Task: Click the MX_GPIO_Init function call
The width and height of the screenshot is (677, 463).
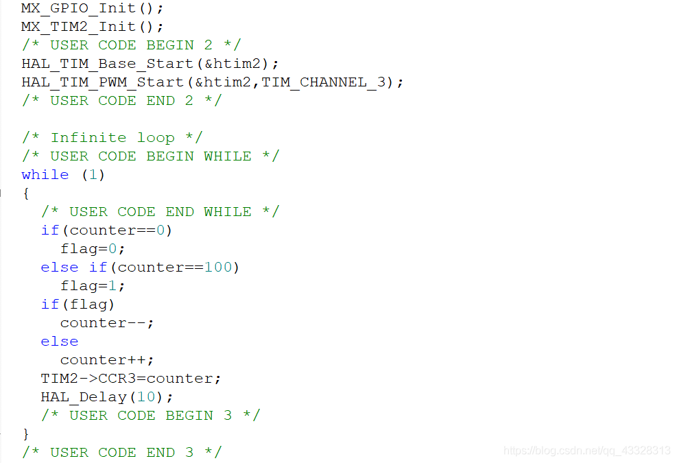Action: coord(92,8)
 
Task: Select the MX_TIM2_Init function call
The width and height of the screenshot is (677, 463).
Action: coord(92,27)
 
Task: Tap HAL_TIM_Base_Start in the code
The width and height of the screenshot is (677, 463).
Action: coord(107,64)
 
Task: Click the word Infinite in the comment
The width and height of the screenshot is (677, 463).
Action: coord(88,138)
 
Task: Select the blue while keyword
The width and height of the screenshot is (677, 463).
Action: coord(45,175)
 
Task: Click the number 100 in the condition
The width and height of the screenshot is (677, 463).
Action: coord(218,268)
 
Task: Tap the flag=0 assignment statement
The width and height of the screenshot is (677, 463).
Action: coord(93,249)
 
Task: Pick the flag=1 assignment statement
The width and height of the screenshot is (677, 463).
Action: coord(93,286)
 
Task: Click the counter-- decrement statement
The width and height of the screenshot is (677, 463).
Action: coord(106,323)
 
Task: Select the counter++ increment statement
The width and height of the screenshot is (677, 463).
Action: coord(106,360)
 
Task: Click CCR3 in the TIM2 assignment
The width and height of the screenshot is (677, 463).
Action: coord(117,379)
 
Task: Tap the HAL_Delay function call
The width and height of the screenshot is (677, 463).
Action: coord(106,397)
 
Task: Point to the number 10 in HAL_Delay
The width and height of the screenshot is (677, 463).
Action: coord(146,397)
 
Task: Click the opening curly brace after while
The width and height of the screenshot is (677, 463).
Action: coord(26,193)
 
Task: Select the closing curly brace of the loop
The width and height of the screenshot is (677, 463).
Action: coord(26,434)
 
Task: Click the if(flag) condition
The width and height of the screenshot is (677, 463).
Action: coord(78,305)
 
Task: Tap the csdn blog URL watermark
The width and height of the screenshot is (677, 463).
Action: coord(586,451)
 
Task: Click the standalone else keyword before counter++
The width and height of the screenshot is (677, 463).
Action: coord(60,342)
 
